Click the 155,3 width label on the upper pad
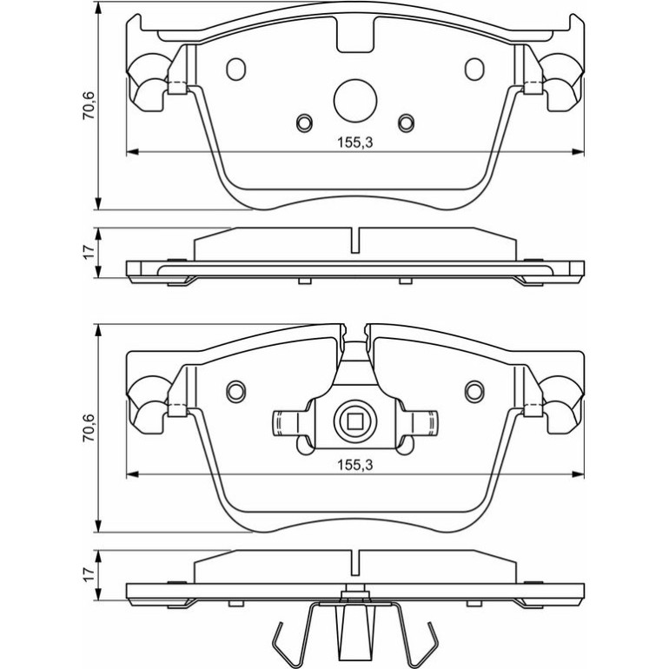coord(355,142)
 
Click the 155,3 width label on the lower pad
coord(355,465)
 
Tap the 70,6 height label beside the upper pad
coord(89,105)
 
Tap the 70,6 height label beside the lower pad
coord(89,428)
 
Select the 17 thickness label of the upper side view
coord(89,253)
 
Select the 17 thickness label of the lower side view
coord(89,574)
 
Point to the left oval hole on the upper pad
coord(236,70)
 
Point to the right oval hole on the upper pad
coord(474,70)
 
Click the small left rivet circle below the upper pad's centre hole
coord(304,123)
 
